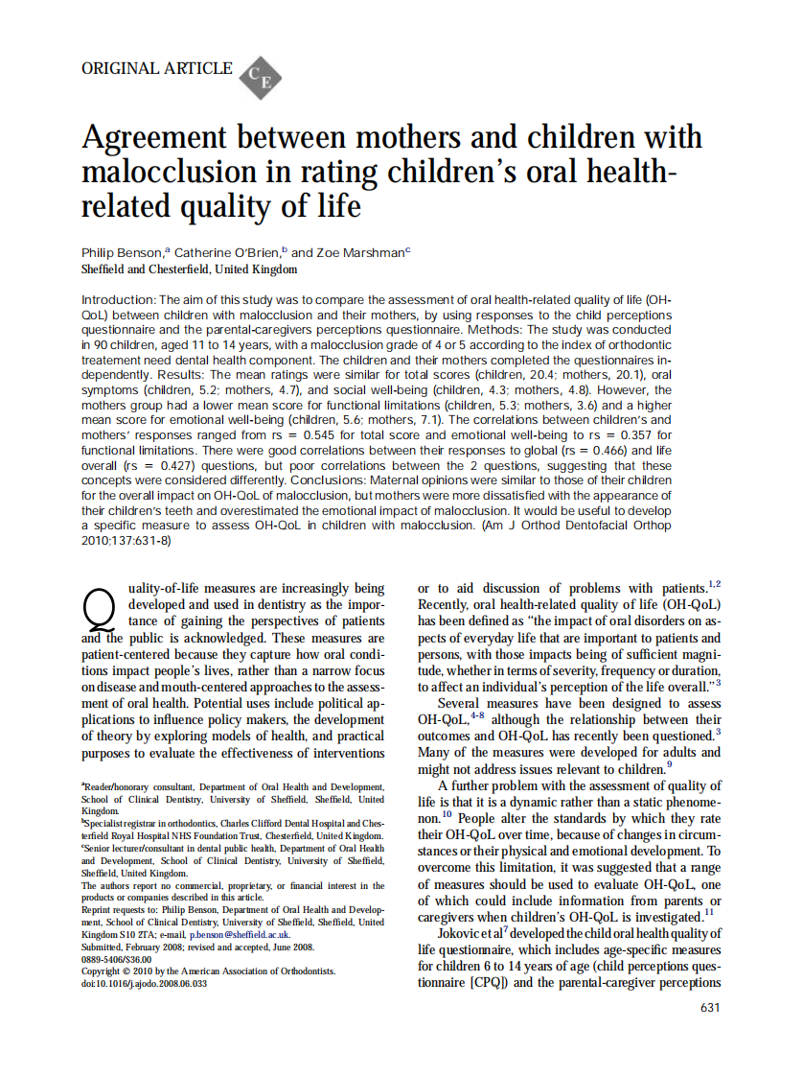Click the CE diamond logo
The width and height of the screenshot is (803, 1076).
coord(258,78)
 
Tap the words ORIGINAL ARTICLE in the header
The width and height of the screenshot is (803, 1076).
coord(157,68)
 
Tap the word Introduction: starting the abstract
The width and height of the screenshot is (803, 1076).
coord(118,299)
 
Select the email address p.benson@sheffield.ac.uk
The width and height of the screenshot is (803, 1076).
coord(265,934)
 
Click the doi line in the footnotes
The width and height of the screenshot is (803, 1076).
coord(145,983)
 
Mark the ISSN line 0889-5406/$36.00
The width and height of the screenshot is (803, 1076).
coord(117,958)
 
